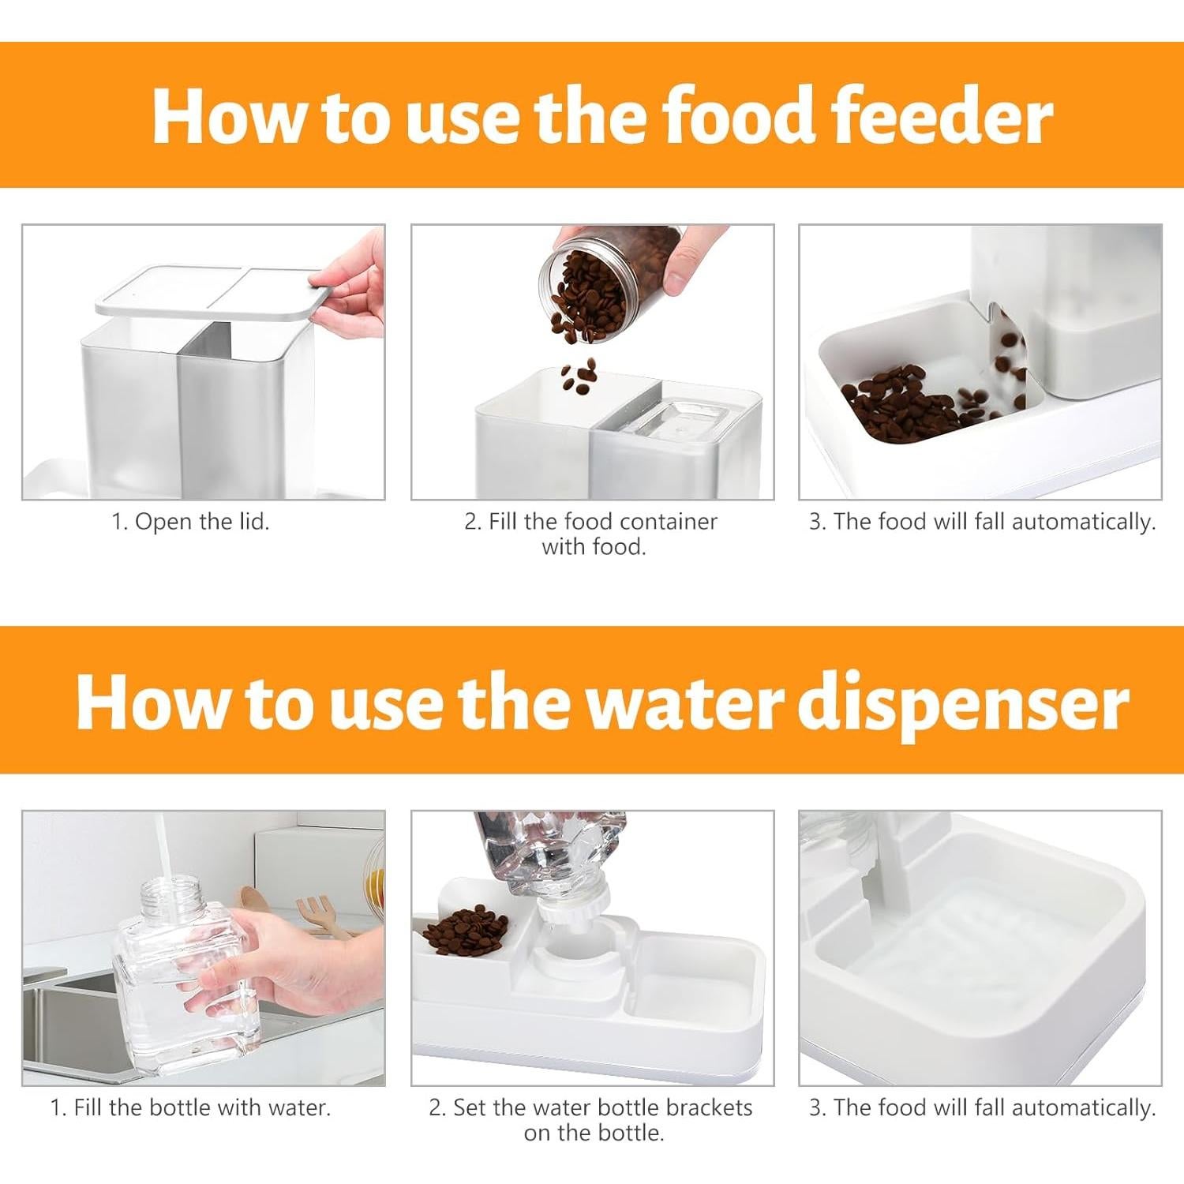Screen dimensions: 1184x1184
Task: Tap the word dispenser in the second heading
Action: (963, 702)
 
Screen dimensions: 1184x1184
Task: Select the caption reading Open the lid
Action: (190, 522)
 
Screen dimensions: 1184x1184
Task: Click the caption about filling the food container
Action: (591, 534)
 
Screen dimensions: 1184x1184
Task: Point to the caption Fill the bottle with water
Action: (190, 1107)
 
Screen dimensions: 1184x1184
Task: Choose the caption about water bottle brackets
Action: (591, 1119)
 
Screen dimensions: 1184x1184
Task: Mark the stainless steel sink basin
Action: (71, 1026)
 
